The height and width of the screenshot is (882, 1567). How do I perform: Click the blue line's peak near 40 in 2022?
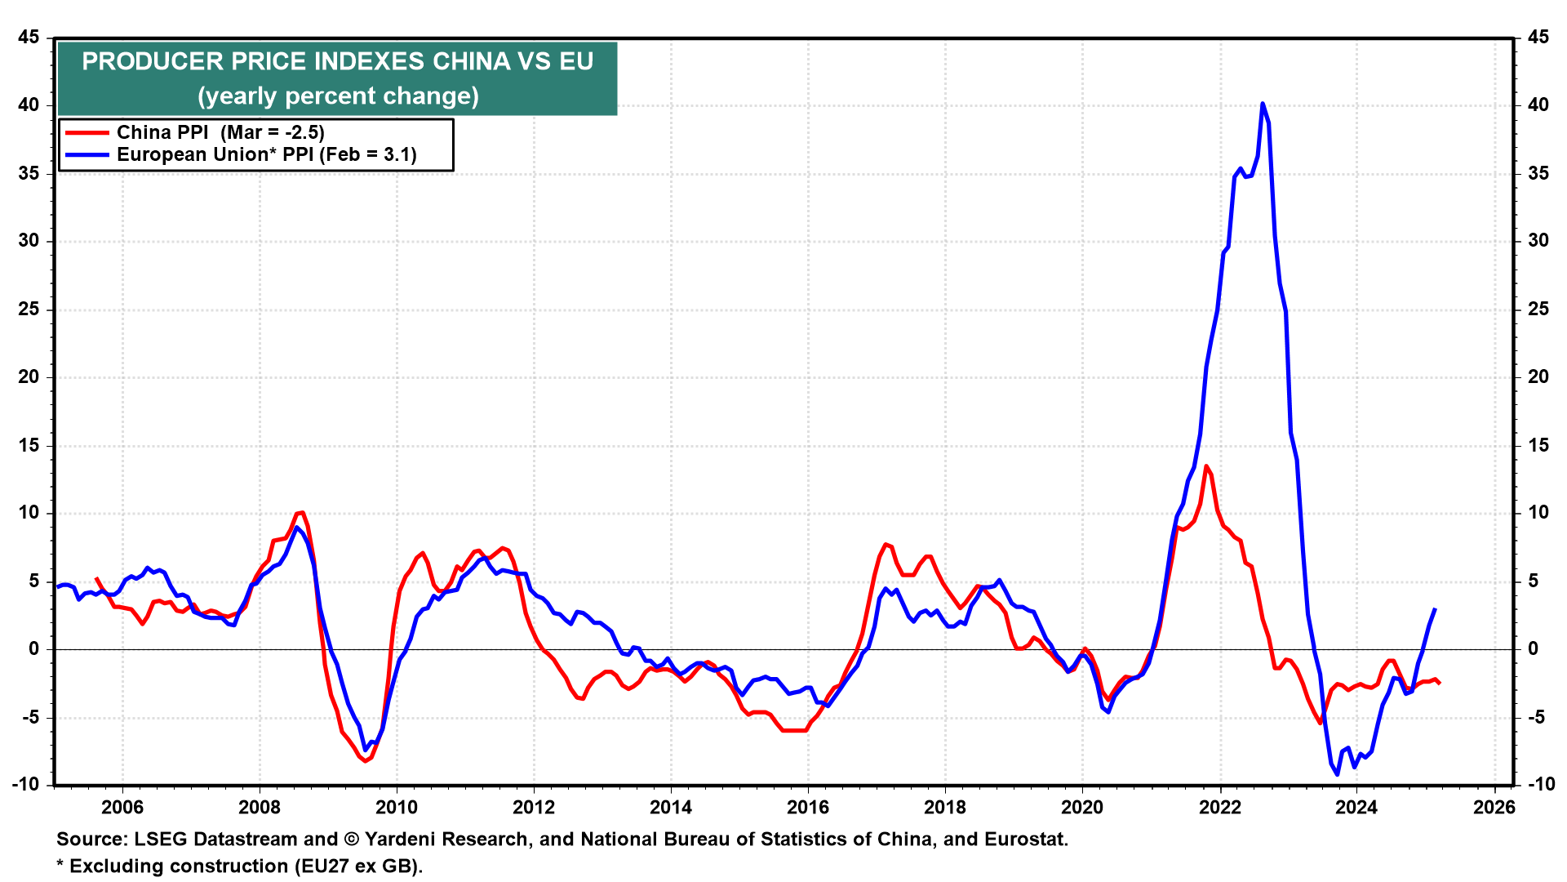[1263, 104]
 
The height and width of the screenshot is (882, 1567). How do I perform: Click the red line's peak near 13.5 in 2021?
[1206, 466]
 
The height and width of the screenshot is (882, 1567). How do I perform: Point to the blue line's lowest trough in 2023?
[1337, 773]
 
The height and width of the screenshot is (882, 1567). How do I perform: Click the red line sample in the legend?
[87, 132]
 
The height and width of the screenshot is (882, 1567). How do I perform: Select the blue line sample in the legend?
[87, 154]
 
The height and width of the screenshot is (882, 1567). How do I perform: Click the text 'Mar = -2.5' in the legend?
[273, 132]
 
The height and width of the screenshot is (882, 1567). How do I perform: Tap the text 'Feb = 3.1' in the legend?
[368, 154]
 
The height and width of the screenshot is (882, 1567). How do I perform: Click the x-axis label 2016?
[807, 807]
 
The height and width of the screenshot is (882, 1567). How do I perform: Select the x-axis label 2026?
[1494, 807]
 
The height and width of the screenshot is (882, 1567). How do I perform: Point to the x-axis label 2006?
[122, 807]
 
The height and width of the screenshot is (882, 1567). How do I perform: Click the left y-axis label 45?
[29, 38]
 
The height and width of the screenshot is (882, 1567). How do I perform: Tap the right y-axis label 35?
[1538, 173]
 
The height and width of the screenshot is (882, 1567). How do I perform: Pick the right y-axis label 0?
[1533, 649]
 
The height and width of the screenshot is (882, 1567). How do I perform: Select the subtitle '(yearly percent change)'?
[338, 96]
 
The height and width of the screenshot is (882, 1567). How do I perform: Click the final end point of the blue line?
[1435, 609]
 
